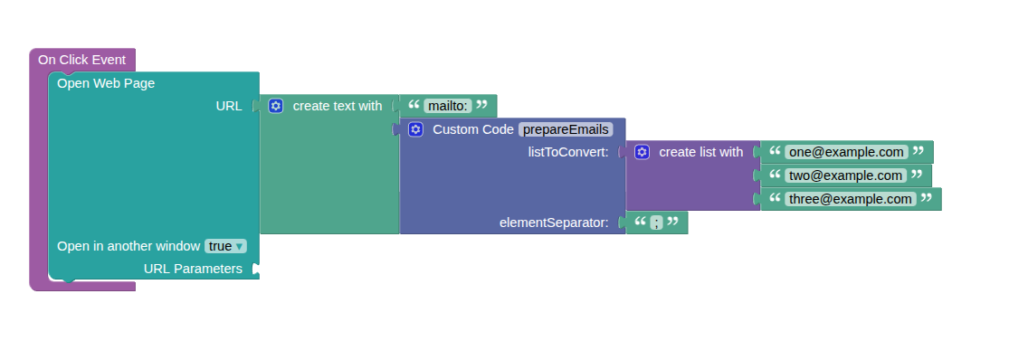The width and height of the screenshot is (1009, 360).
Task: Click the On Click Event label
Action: (81, 60)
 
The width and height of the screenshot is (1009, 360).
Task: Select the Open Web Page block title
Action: (106, 83)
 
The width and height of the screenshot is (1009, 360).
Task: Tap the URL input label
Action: (229, 106)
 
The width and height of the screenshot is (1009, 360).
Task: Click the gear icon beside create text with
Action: (276, 106)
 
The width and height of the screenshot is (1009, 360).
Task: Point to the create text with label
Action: (338, 106)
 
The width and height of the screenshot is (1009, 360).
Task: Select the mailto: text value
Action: (448, 106)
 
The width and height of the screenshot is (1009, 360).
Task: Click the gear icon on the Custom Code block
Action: (415, 129)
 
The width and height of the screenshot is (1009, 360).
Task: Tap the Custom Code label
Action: (473, 129)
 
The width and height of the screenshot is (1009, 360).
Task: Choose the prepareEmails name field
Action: (566, 129)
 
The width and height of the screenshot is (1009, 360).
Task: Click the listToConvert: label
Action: (568, 152)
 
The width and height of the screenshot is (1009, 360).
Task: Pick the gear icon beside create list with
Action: (642, 152)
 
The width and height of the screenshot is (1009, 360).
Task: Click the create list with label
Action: (700, 152)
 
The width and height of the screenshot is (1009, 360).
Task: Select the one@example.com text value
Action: (846, 152)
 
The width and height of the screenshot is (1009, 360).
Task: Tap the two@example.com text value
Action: (845, 175)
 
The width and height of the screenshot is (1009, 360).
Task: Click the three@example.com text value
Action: (851, 199)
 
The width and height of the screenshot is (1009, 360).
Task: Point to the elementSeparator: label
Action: (554, 223)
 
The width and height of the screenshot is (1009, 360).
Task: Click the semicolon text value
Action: (656, 223)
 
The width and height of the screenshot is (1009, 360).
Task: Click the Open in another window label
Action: (129, 246)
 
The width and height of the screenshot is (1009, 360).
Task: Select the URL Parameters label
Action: (193, 269)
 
